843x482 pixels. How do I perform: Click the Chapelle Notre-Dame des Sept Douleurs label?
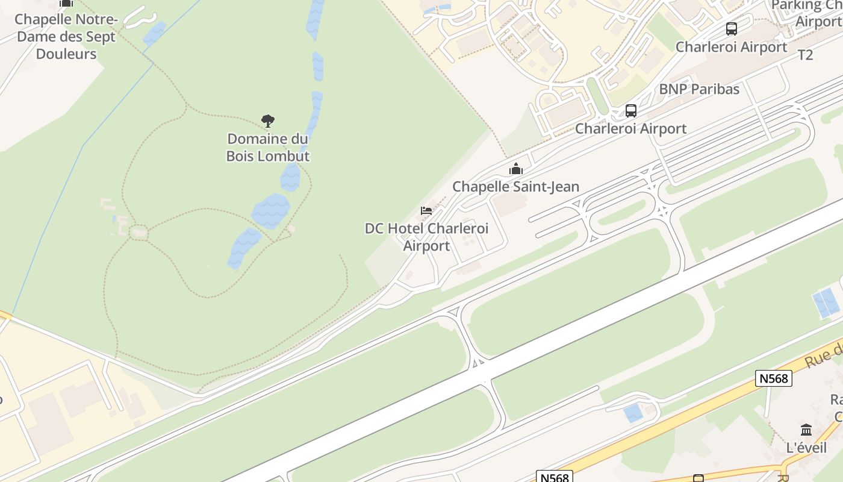[66, 37]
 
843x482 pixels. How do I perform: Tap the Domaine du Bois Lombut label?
[268, 148]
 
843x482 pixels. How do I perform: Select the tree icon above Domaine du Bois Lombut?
[268, 121]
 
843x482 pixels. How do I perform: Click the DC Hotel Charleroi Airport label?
[426, 237]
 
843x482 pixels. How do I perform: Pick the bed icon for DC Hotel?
[426, 211]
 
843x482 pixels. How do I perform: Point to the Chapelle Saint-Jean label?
[515, 187]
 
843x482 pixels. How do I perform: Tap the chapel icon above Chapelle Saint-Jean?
[515, 169]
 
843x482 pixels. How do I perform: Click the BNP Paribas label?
[699, 89]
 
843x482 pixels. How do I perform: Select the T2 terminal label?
[805, 55]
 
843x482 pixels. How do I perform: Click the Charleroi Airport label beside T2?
[731, 47]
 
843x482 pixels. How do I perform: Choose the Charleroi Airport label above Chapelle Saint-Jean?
[630, 128]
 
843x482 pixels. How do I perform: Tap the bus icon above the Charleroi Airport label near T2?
[732, 28]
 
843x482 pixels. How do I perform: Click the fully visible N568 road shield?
[773, 378]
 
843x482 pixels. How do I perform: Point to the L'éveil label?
[806, 448]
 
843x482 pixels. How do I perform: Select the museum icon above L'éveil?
[806, 430]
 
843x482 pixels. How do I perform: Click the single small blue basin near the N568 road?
[633, 413]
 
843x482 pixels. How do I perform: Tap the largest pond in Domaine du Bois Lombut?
[270, 211]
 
